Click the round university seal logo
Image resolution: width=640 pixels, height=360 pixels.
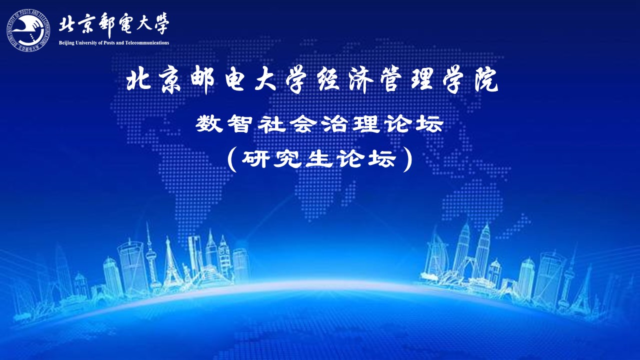point(28,30)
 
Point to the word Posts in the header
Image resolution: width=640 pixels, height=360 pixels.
point(109,43)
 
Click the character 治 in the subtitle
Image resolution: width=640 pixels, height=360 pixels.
point(335,123)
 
